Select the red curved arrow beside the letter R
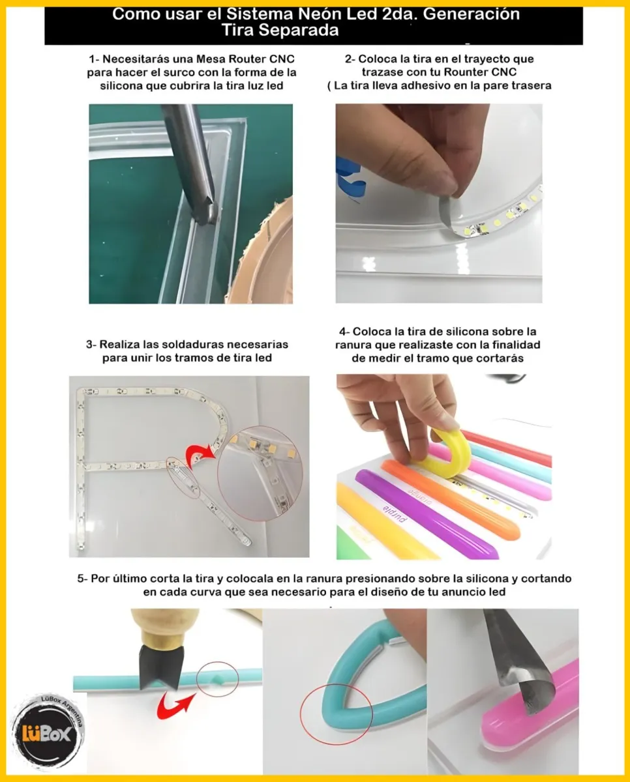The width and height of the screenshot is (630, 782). coord(200,456)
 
